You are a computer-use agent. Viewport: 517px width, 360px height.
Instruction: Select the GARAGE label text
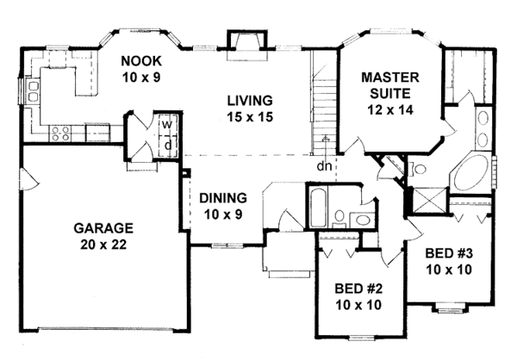[x=103, y=228]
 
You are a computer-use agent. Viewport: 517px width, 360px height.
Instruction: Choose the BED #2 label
[x=350, y=289]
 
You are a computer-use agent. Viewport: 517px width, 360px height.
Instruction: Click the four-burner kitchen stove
[x=61, y=133]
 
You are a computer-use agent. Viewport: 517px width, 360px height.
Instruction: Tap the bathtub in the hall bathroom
[x=316, y=208]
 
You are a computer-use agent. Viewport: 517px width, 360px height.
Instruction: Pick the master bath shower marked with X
[x=428, y=199]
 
